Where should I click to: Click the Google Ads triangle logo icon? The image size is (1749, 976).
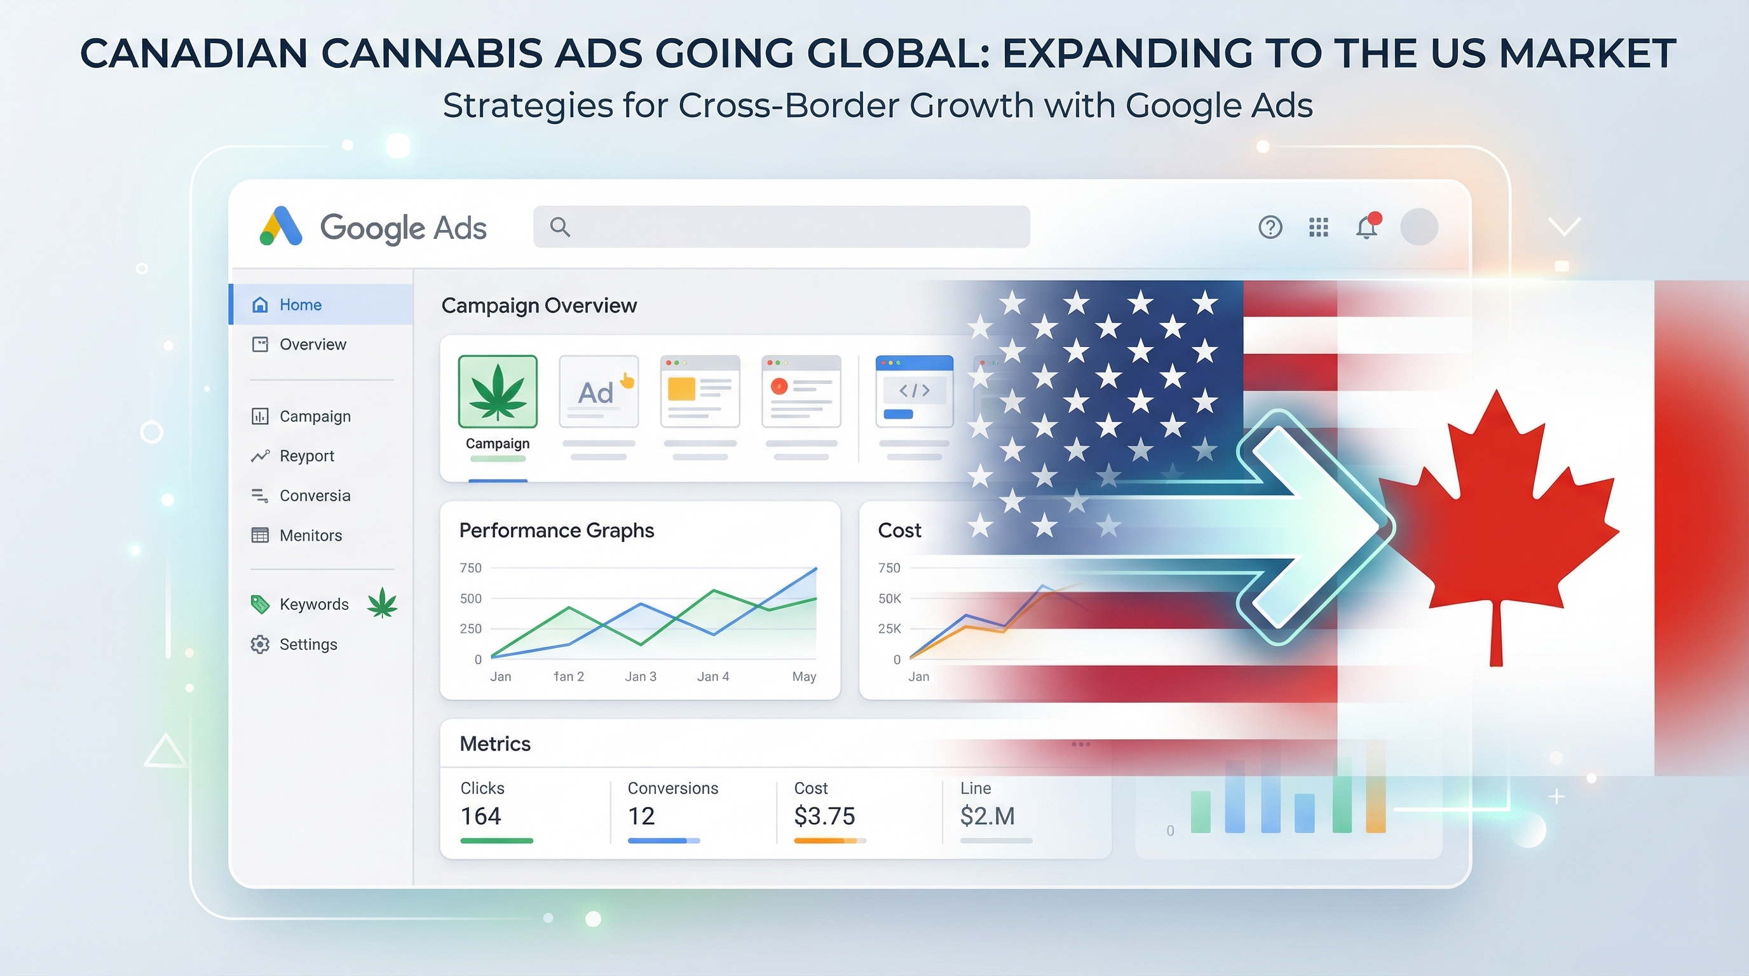pyautogui.click(x=280, y=226)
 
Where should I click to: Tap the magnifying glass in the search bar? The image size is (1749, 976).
pyautogui.click(x=559, y=227)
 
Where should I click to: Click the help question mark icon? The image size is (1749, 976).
pyautogui.click(x=1270, y=227)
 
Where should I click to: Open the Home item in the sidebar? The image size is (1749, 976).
pyautogui.click(x=300, y=305)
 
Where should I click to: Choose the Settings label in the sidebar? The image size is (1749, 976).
pyautogui.click(x=308, y=644)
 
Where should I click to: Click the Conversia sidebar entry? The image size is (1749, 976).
pyautogui.click(x=315, y=496)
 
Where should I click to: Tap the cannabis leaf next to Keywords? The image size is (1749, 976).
pyautogui.click(x=382, y=603)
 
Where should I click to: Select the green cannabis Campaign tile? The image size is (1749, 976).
pyautogui.click(x=498, y=391)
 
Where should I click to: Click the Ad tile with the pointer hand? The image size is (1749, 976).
pyautogui.click(x=598, y=391)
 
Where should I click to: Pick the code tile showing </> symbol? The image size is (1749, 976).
pyautogui.click(x=914, y=391)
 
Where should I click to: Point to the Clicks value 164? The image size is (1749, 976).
pyautogui.click(x=480, y=816)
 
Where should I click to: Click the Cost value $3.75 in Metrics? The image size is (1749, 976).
pyautogui.click(x=824, y=816)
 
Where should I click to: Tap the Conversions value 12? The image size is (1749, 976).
pyautogui.click(x=641, y=816)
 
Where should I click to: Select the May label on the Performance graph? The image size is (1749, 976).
pyautogui.click(x=804, y=677)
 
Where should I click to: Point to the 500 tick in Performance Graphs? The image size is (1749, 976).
pyautogui.click(x=470, y=599)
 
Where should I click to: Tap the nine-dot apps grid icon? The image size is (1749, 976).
pyautogui.click(x=1318, y=227)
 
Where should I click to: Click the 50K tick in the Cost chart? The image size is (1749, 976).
pyautogui.click(x=890, y=599)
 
